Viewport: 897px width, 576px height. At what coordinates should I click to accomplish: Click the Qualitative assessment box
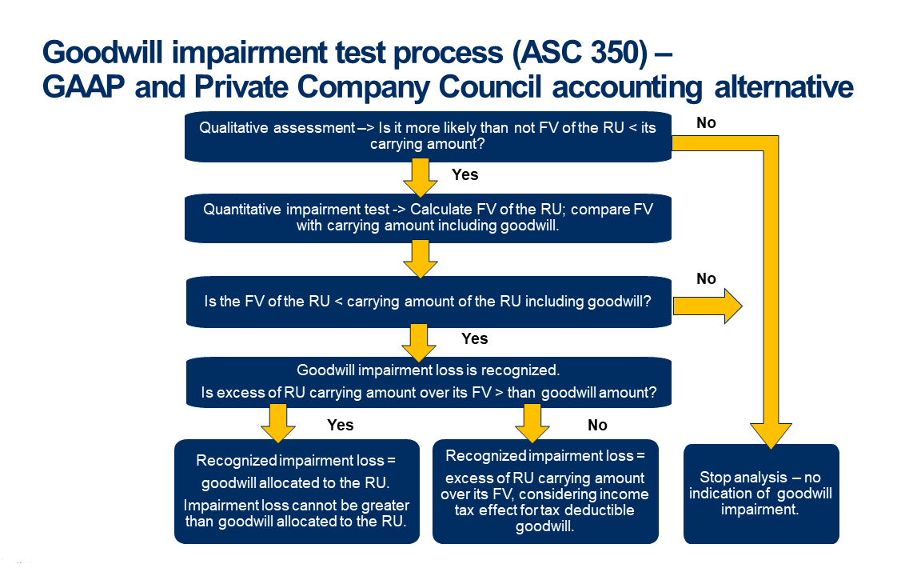click(x=428, y=137)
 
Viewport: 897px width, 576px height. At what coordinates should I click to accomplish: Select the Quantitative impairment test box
click(x=428, y=218)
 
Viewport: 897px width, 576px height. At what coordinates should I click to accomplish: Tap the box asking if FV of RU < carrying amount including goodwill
click(x=428, y=302)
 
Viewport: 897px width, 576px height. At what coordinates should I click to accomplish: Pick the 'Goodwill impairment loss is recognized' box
click(x=428, y=382)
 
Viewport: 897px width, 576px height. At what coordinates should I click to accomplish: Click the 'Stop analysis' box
click(x=760, y=494)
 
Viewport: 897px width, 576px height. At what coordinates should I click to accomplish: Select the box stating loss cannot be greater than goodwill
click(x=297, y=491)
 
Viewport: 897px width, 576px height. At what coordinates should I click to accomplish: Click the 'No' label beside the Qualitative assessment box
click(x=706, y=123)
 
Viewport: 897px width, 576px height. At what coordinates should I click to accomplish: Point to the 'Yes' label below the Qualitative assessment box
click(x=464, y=174)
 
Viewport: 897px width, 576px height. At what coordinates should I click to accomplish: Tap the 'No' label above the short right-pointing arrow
click(x=706, y=278)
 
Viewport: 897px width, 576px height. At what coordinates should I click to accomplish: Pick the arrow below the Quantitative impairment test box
click(x=420, y=258)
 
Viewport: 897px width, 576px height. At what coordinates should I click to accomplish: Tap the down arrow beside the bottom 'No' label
click(x=531, y=422)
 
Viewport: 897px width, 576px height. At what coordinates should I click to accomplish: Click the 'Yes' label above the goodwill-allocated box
click(x=340, y=425)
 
